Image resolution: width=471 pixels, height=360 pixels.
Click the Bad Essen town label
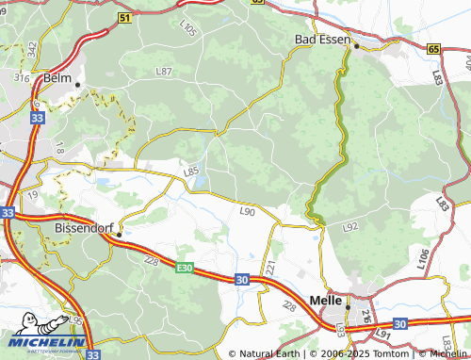click(320, 40)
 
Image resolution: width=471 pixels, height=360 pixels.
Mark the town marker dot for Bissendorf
click(120, 234)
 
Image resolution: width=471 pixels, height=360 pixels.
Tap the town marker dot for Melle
click(348, 307)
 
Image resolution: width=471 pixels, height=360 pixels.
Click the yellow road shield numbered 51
click(125, 18)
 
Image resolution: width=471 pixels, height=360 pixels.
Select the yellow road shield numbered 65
click(432, 48)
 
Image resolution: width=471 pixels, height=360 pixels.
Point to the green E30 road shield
click(184, 269)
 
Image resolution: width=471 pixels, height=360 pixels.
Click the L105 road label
click(187, 31)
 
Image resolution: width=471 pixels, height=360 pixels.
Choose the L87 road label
click(164, 72)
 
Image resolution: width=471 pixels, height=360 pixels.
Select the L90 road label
click(248, 212)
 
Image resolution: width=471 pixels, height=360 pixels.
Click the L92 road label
click(350, 227)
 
